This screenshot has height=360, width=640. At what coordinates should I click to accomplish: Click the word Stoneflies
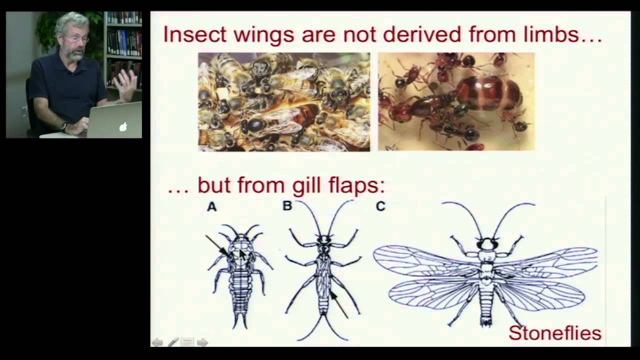[x=554, y=332]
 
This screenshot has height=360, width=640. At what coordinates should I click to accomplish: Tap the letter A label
[x=212, y=206]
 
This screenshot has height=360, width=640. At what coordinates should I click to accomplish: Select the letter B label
[x=287, y=205]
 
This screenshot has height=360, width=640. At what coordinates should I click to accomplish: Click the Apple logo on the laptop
[x=123, y=126]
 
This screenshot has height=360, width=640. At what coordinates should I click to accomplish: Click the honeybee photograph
[x=284, y=101]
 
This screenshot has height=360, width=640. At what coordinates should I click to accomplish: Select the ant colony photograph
[x=456, y=101]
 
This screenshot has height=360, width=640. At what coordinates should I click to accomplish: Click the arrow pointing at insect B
[x=338, y=303]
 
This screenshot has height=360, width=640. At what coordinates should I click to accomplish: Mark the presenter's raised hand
[x=124, y=84]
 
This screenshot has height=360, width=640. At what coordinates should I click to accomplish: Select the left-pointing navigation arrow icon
[x=157, y=342]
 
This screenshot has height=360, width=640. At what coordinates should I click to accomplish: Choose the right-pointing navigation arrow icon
[x=202, y=342]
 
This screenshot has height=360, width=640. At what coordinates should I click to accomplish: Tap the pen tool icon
[x=172, y=342]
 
